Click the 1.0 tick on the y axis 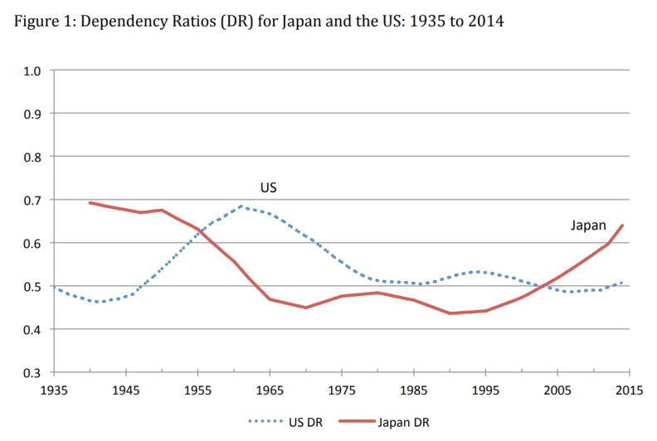[32, 70]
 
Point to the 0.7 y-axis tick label [32, 200]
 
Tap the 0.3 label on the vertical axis [32, 372]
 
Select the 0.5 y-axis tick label [32, 286]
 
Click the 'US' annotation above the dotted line [268, 188]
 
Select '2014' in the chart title [485, 19]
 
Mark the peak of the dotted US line [241, 206]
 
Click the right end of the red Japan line [622, 225]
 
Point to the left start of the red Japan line [90, 202]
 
